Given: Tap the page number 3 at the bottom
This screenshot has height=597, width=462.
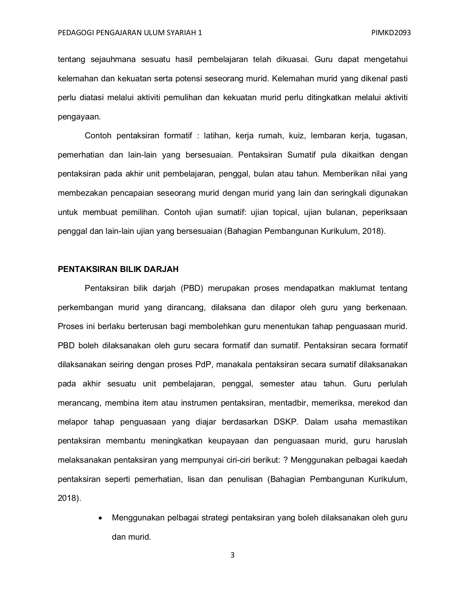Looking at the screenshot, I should pyautogui.click(x=232, y=555).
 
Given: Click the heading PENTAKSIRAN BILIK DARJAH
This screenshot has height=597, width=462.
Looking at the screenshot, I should pyautogui.click(x=118, y=269).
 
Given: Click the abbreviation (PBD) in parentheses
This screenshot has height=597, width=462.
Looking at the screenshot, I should pyautogui.click(x=192, y=288).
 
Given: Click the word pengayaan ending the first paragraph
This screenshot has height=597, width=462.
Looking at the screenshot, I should pyautogui.click(x=79, y=117).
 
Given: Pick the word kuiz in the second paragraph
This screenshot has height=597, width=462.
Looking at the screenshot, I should pyautogui.click(x=295, y=136).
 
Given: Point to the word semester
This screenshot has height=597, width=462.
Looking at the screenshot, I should pyautogui.click(x=277, y=384).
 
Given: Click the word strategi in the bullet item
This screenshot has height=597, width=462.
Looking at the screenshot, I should pyautogui.click(x=215, y=518).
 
